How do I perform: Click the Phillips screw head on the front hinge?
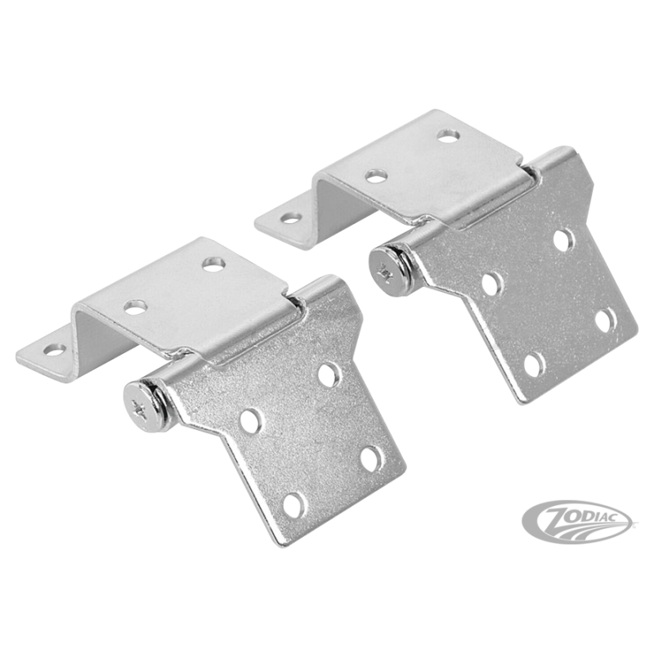click(x=141, y=405)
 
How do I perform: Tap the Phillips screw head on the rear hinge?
click(x=386, y=271)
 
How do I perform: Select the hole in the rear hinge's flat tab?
click(x=291, y=217)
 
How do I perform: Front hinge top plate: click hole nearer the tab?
click(x=135, y=307)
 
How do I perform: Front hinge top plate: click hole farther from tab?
click(x=214, y=264)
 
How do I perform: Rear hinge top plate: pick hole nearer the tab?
click(x=376, y=176)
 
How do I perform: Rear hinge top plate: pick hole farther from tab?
click(x=449, y=136)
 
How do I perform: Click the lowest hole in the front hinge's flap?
click(x=293, y=505)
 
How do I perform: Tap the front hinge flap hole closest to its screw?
click(x=250, y=420)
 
